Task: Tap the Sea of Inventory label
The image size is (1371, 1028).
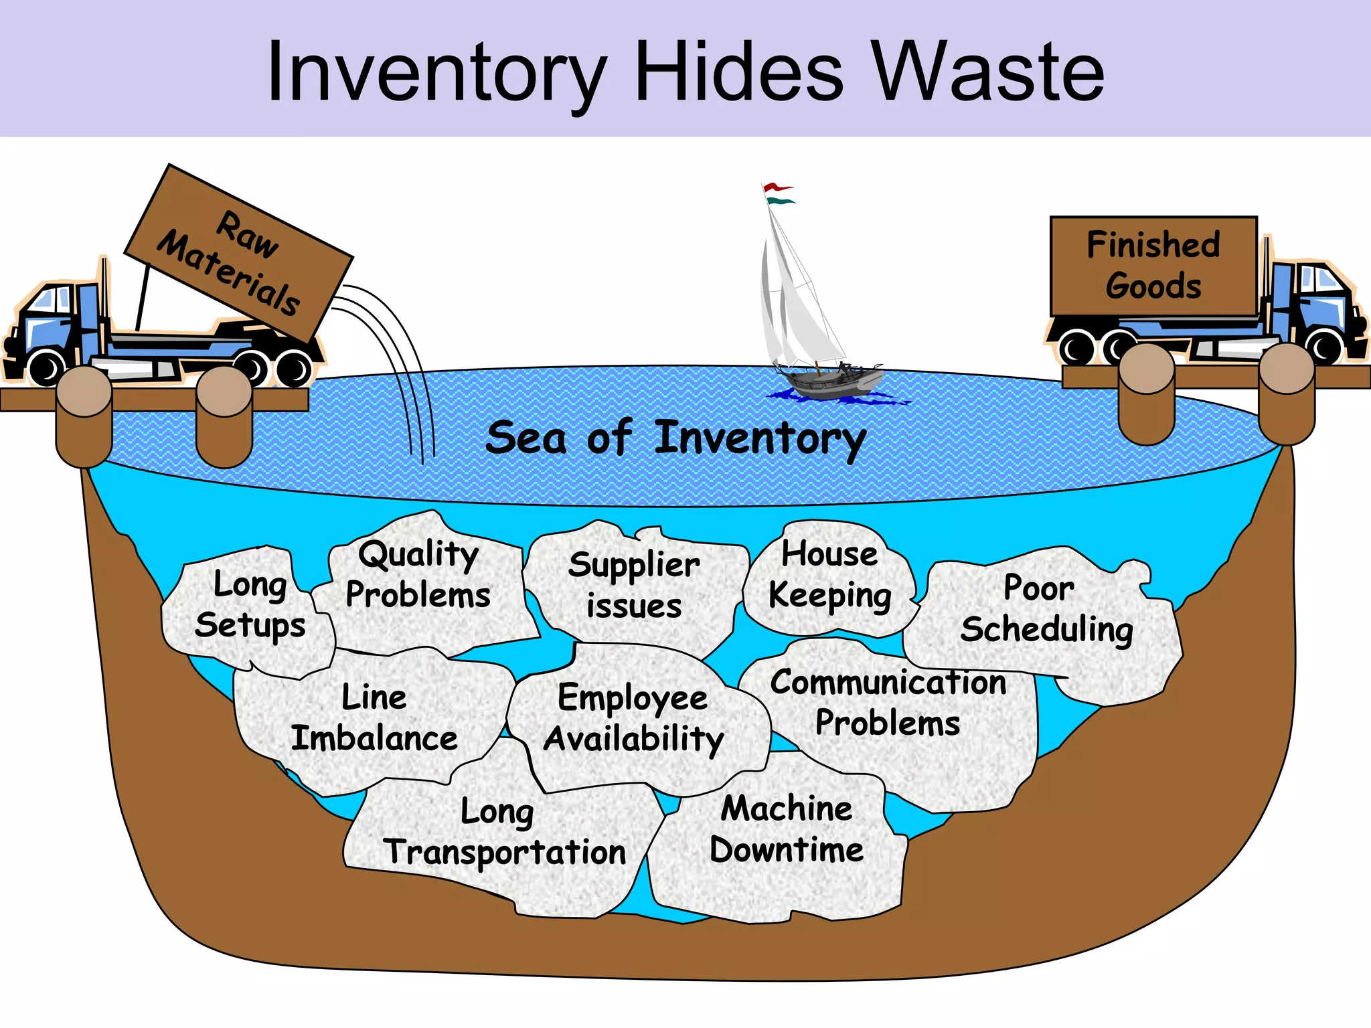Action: coord(676,438)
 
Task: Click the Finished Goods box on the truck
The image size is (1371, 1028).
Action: coord(1153,266)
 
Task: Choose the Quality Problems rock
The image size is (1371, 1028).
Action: coord(418,576)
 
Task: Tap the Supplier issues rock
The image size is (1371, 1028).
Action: coord(634,586)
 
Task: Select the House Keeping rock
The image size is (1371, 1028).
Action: coord(830,576)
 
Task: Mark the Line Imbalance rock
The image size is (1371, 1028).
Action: coord(374,719)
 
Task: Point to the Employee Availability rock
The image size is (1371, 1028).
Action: coord(633,719)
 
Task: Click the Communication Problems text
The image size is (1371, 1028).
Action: coord(888,703)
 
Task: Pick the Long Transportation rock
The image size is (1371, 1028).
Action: coord(505,833)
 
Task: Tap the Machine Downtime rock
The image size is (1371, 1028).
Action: coord(787,830)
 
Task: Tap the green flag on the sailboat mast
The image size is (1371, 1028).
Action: coord(780,201)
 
